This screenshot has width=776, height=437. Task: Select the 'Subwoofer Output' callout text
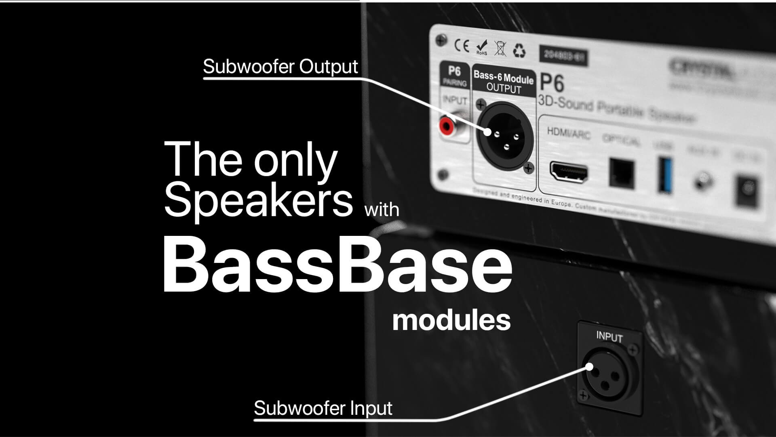coord(280,67)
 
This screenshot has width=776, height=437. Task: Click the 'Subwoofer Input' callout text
coord(323,408)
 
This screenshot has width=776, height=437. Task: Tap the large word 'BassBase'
coord(337,265)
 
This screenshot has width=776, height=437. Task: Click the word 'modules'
coord(451,320)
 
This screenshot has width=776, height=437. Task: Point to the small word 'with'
coord(382,210)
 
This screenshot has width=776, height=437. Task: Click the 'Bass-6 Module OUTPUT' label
coord(504,82)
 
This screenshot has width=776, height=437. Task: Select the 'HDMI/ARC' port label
coord(568,133)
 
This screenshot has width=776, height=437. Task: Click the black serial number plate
coord(563,56)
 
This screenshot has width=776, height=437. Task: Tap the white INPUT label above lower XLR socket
coord(609,336)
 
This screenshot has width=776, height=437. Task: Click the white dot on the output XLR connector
coord(488,132)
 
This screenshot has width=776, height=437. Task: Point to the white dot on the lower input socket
coord(590,367)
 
